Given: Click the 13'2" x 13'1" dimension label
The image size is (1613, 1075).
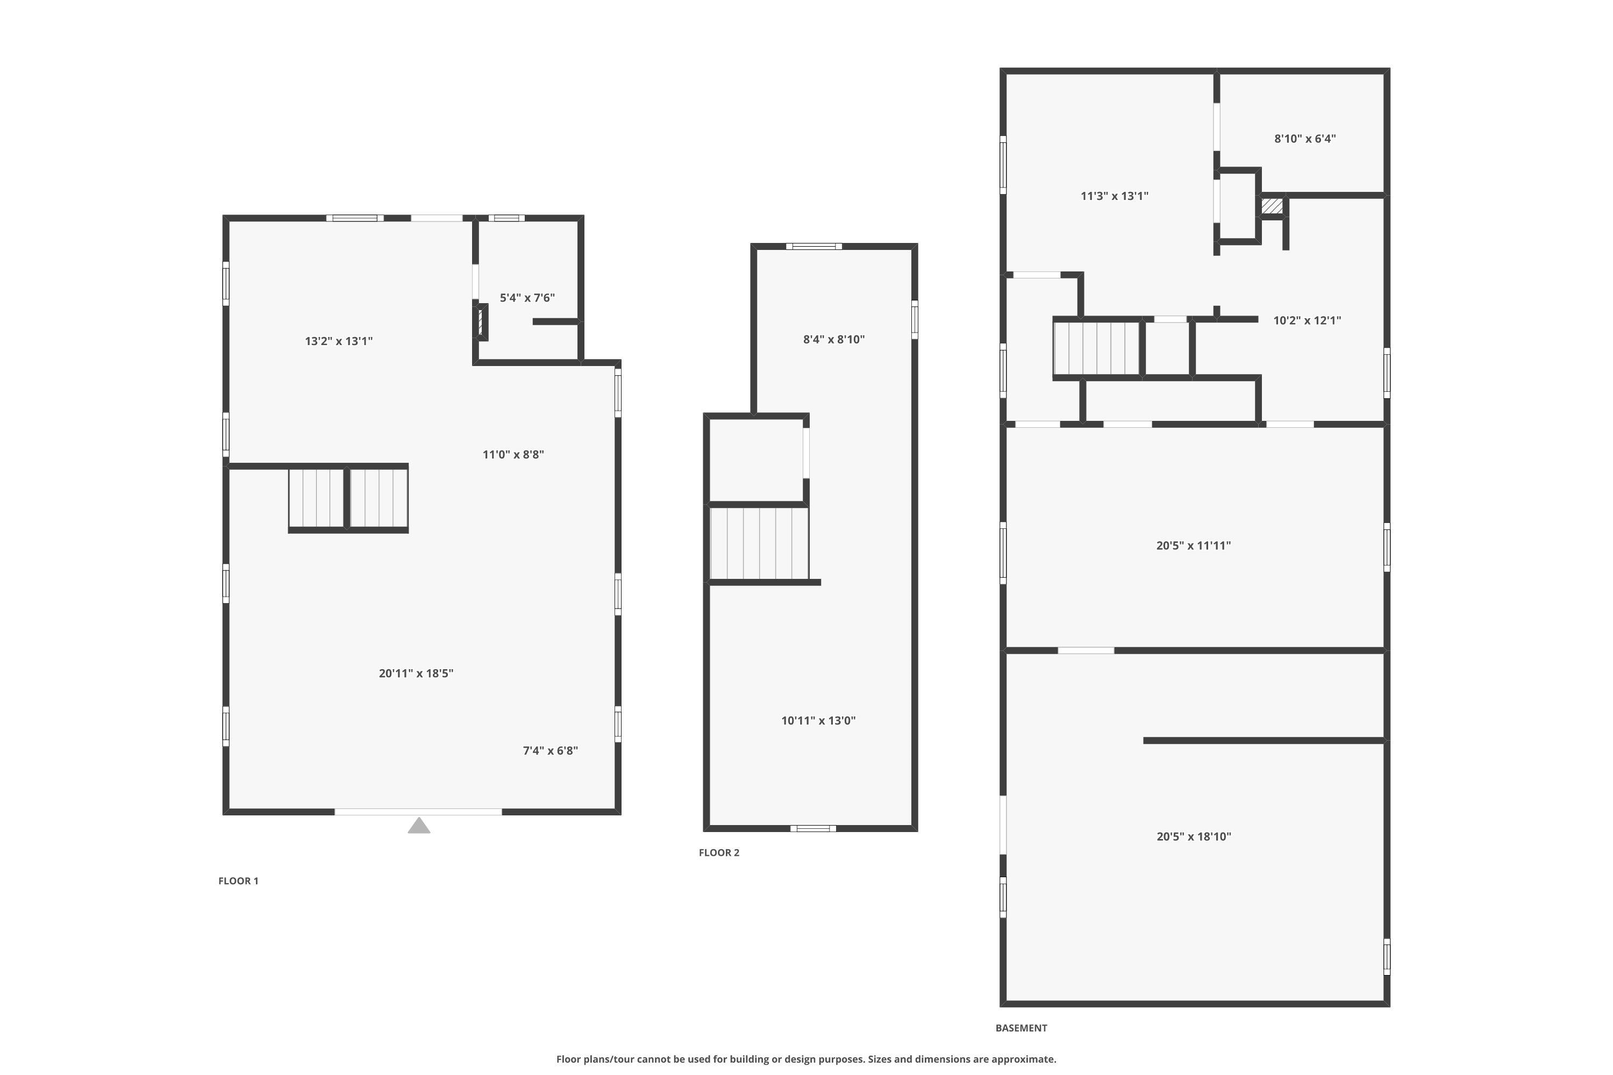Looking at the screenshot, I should [x=339, y=341].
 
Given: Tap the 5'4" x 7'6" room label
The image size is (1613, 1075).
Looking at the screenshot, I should [x=527, y=298].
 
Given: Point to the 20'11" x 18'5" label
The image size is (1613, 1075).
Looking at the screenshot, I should [x=416, y=673].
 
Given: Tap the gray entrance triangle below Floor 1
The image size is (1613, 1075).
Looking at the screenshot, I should [x=419, y=826].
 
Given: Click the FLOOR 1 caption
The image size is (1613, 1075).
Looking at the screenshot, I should [x=238, y=881].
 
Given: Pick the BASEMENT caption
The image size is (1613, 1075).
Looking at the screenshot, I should [x=1021, y=1028].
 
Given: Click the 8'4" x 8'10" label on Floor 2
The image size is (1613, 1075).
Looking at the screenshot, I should [x=834, y=339].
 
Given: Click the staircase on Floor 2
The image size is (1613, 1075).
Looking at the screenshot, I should [x=759, y=543].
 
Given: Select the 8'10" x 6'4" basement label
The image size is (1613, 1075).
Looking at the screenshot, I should [x=1304, y=139].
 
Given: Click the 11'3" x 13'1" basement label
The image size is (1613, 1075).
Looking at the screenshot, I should [x=1115, y=196].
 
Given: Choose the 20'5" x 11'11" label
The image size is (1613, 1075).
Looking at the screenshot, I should [x=1193, y=546].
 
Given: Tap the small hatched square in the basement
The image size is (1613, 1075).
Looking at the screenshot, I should [x=1272, y=206].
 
